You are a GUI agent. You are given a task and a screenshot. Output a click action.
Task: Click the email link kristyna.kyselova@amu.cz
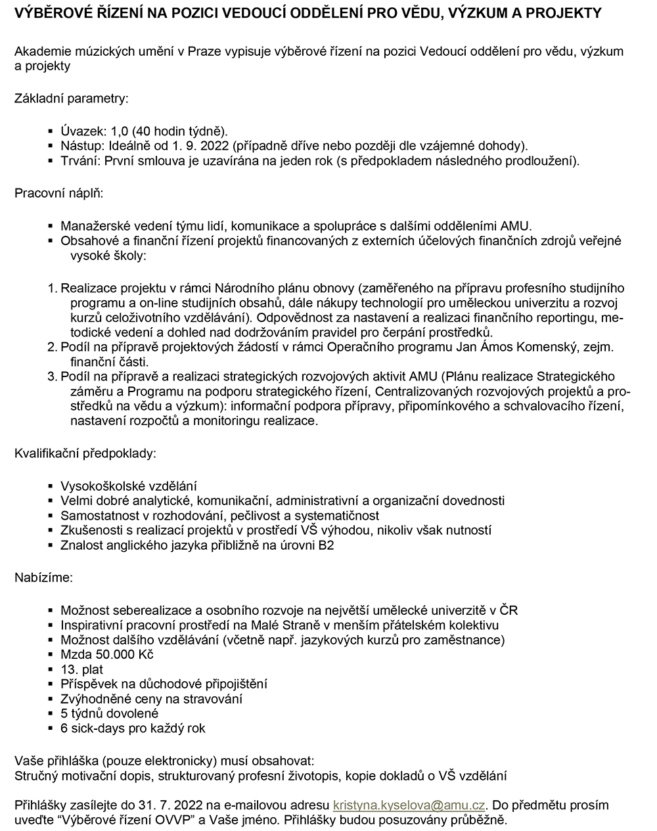[x=409, y=805]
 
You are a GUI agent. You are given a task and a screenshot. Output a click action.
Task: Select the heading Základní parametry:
[x=71, y=99]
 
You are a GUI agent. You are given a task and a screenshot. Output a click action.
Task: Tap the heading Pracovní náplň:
[x=58, y=194]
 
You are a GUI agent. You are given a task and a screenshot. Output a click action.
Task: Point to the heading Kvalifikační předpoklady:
[x=85, y=453]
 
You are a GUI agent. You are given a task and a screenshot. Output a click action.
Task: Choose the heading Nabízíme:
[x=44, y=578]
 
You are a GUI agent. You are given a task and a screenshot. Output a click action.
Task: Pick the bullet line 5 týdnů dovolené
[x=109, y=713]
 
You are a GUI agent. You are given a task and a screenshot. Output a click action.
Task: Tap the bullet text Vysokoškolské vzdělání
[x=129, y=487]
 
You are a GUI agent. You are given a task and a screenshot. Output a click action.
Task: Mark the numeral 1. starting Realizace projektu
[x=53, y=288]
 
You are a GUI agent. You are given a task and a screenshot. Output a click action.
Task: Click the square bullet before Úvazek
[x=51, y=131]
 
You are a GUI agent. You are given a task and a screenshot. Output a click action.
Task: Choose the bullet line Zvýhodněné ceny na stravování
[x=151, y=699]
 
